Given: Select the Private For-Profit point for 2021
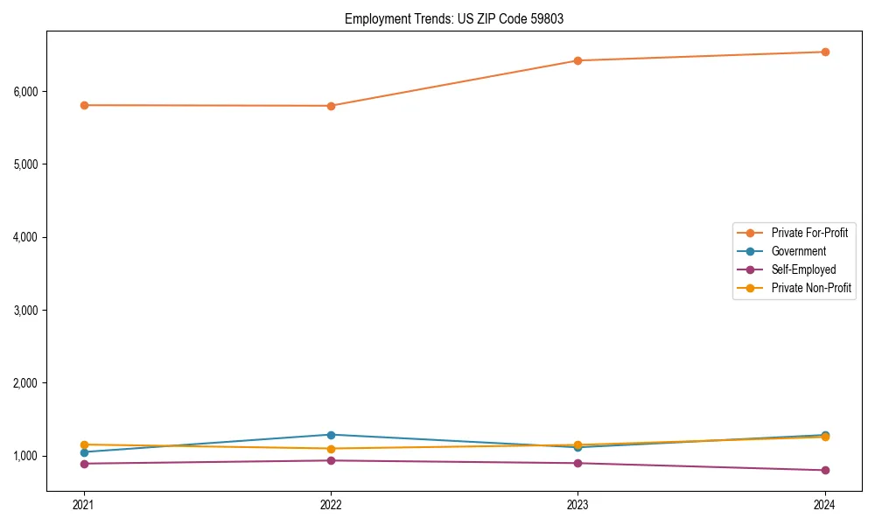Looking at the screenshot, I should [84, 105].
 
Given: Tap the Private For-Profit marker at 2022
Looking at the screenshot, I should [331, 106].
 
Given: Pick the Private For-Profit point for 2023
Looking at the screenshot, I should [577, 60].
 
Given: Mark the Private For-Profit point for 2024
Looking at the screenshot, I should [825, 52].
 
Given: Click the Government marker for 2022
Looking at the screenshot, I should [331, 435].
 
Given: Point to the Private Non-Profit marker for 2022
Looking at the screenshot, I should [331, 449].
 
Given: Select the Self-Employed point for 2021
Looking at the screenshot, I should [84, 464].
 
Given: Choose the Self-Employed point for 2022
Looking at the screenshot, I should [331, 460].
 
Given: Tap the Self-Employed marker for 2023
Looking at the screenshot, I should [577, 463].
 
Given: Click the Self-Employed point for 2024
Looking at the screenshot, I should [825, 471].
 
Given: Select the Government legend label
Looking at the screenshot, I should [798, 251].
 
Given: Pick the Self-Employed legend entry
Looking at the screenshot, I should [803, 269].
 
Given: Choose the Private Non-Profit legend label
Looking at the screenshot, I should [811, 288].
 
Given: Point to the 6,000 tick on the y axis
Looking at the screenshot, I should [24, 91].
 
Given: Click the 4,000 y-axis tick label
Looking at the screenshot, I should [24, 237].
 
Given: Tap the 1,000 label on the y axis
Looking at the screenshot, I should [24, 456].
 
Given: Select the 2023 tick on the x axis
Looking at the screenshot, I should [577, 504].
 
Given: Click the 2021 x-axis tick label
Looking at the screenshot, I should [84, 504].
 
